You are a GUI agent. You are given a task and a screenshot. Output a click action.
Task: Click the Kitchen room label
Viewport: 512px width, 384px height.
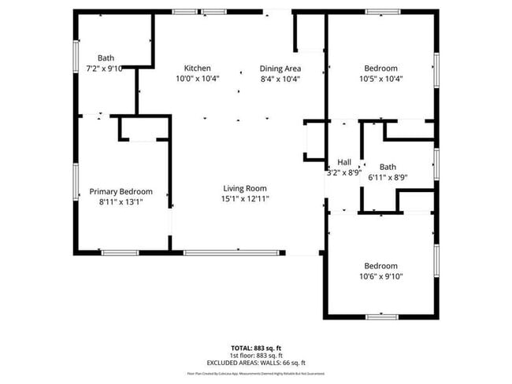click(197, 68)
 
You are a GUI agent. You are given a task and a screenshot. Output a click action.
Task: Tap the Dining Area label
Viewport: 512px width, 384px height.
click(280, 68)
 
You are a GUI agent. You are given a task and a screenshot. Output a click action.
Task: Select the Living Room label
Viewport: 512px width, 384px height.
click(245, 188)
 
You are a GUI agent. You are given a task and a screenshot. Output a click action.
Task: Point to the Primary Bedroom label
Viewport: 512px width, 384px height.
click(121, 191)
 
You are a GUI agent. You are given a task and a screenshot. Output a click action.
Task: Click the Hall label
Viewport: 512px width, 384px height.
click(343, 162)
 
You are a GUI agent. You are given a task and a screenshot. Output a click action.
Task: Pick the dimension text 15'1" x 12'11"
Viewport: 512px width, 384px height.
click(245, 199)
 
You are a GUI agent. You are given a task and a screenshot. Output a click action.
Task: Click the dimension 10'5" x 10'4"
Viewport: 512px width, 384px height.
click(380, 79)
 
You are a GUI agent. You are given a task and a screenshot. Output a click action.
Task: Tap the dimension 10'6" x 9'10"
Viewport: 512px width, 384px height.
click(380, 276)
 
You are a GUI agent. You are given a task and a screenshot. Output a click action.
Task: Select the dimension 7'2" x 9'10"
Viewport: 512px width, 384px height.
click(106, 68)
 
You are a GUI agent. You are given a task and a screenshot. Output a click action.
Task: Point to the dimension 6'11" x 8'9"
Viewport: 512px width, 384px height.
click(388, 177)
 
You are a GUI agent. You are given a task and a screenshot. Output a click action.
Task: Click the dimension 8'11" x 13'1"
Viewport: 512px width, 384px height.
click(121, 202)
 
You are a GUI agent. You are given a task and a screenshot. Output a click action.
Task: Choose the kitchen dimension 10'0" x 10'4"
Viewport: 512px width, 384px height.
click(197, 79)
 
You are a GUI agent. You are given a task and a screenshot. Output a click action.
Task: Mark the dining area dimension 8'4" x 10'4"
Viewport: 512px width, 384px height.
click(280, 79)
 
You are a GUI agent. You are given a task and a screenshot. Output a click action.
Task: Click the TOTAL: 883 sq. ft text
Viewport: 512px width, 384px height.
click(255, 347)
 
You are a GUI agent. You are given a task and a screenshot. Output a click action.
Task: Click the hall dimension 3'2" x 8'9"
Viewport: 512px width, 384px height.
click(343, 172)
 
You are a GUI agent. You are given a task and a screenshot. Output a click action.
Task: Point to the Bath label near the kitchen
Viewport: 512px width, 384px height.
click(106, 57)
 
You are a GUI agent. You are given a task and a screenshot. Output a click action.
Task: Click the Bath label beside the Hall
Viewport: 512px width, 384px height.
click(388, 167)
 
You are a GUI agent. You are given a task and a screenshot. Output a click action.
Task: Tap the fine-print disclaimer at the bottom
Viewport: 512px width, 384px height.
click(255, 373)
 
